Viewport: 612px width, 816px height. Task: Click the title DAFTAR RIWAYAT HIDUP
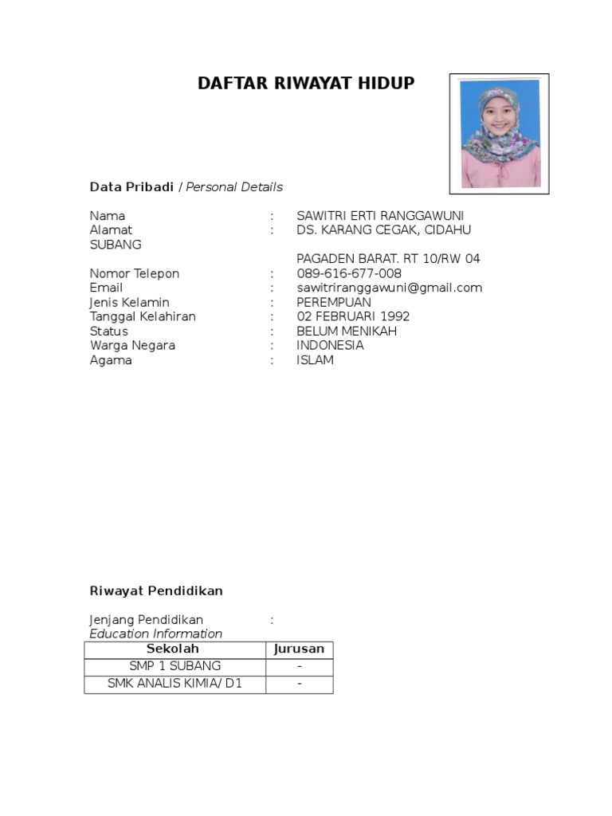306,83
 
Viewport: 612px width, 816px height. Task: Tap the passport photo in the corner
500,134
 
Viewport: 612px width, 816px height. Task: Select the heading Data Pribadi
131,187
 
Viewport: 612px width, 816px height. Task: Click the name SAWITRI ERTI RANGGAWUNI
380,216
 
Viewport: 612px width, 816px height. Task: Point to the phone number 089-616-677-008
349,273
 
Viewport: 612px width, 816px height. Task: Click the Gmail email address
389,288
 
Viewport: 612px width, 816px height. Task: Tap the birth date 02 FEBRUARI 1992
353,316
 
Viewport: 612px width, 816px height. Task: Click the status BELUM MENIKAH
347,331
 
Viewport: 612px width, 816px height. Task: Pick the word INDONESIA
330,346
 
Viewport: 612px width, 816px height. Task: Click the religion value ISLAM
315,360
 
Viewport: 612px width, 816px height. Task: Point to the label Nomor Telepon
135,273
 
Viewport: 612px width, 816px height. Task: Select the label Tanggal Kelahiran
143,316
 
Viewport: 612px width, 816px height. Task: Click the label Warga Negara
132,346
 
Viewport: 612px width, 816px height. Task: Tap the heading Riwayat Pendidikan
156,591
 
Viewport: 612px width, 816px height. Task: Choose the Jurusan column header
299,649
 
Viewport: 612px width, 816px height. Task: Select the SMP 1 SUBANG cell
175,666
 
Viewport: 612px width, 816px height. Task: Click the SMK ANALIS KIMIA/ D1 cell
175,684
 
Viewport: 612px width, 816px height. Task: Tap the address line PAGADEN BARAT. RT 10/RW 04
388,259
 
